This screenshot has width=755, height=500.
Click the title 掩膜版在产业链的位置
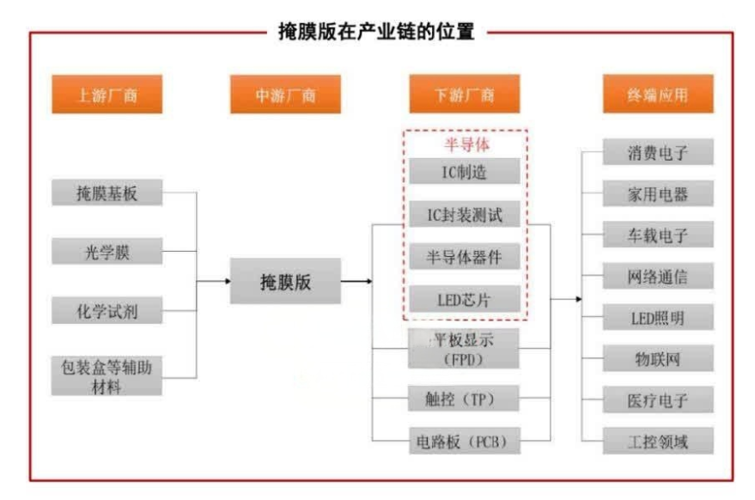click(377, 33)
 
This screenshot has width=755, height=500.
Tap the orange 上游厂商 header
click(107, 95)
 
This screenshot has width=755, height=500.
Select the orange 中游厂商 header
click(285, 95)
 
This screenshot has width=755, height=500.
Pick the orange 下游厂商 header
click(464, 95)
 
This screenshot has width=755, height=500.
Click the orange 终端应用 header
click(657, 95)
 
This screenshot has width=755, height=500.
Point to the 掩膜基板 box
click(107, 193)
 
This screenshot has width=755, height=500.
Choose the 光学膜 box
click(107, 252)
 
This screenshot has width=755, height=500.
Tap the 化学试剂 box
click(107, 310)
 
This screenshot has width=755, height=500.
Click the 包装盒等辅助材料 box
click(107, 375)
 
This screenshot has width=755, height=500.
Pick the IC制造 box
click(464, 171)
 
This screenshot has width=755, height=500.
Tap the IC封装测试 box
click(464, 214)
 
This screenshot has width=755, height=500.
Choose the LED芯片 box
click(464, 298)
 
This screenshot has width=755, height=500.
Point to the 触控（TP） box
click(464, 399)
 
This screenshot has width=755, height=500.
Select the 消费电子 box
click(658, 153)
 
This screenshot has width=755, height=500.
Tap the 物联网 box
click(658, 359)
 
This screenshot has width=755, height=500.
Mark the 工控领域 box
click(658, 442)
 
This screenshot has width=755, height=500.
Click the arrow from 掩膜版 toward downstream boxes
click(356, 281)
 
